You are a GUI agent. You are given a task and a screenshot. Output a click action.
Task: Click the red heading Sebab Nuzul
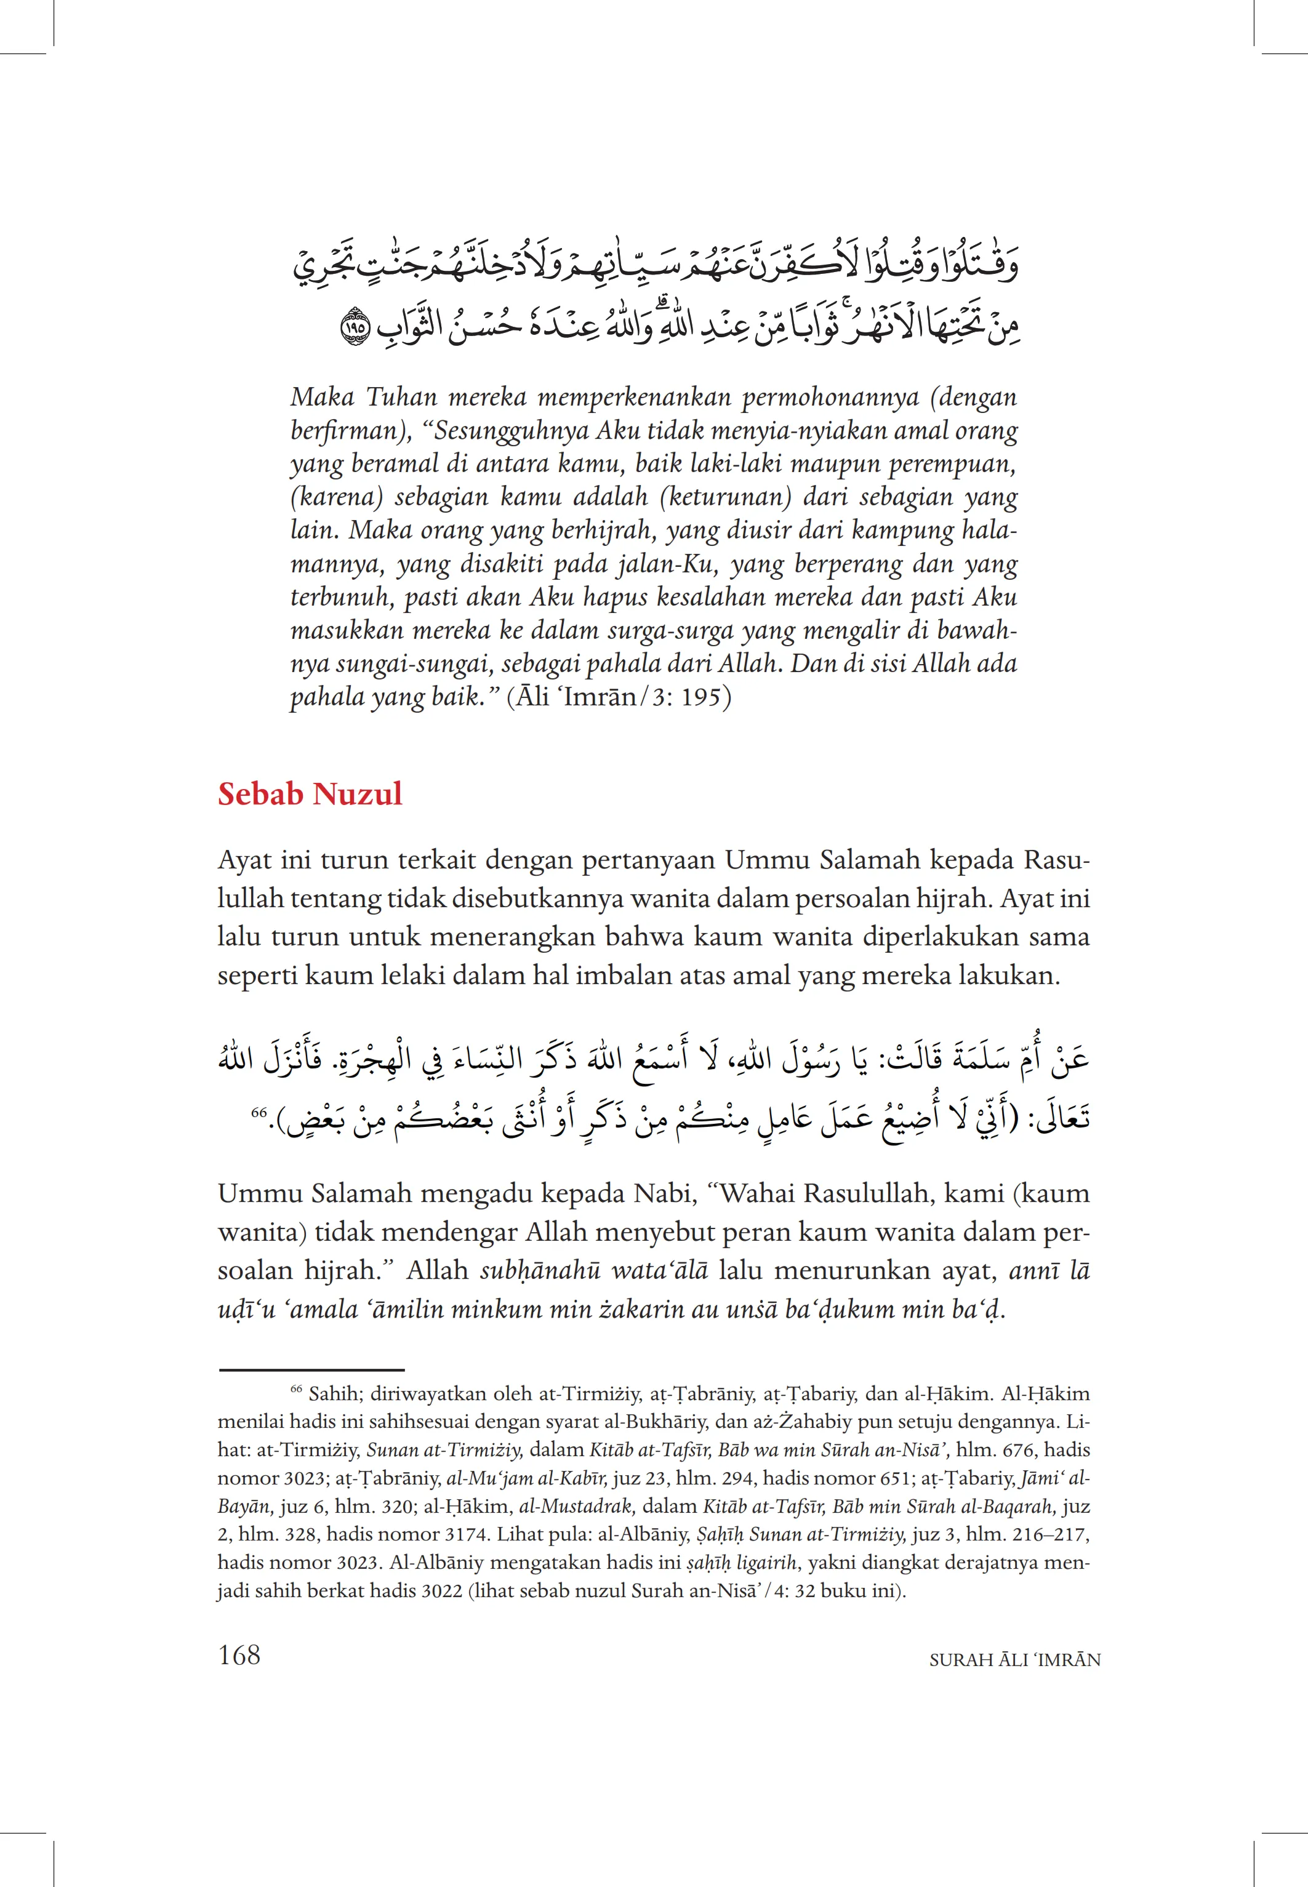tap(310, 794)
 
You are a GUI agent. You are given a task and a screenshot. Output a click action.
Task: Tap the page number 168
tap(239, 1655)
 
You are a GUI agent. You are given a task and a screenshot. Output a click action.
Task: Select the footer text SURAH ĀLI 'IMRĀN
tap(1014, 1660)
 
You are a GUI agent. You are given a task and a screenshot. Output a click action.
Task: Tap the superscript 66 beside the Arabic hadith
tap(259, 1112)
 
